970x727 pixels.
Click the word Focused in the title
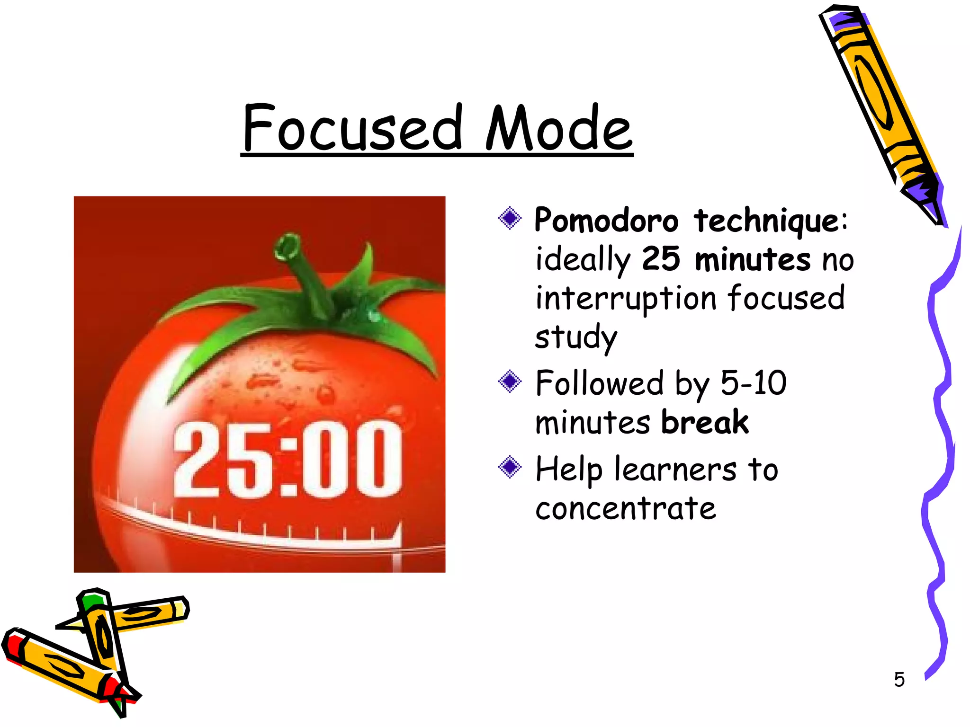(x=353, y=128)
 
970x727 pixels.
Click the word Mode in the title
(x=559, y=128)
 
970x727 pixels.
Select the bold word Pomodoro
(x=606, y=221)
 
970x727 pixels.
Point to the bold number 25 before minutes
(x=661, y=259)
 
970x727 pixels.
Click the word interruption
(x=626, y=298)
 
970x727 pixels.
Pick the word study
(x=576, y=337)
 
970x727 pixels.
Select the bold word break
(x=705, y=422)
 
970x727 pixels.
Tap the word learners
(x=675, y=470)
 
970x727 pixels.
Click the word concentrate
(x=625, y=509)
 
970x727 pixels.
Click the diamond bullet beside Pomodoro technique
(x=510, y=218)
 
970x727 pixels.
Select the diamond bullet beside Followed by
(x=510, y=381)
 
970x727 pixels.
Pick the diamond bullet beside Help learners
(x=510, y=467)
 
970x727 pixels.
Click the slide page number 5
(x=899, y=680)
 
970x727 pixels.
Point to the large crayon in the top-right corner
(x=881, y=109)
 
